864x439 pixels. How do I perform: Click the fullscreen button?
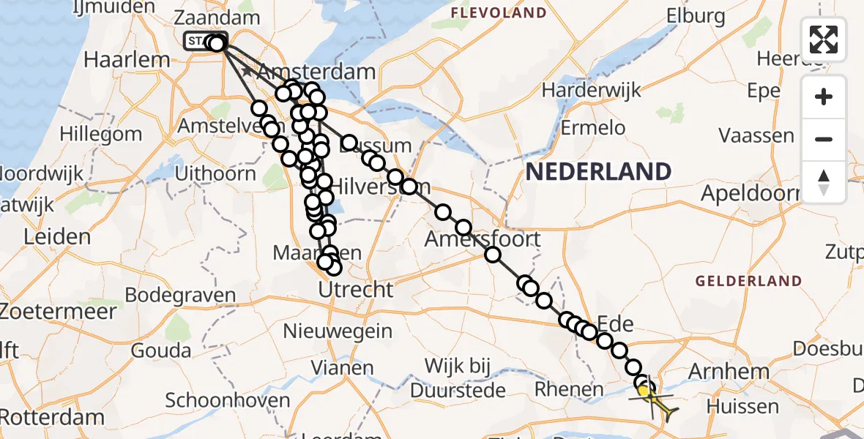coord(824,39)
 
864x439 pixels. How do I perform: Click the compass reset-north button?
coord(824,181)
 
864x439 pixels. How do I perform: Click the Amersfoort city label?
coord(483,239)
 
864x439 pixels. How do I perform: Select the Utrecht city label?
coord(355,289)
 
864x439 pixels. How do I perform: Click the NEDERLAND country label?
coord(598,172)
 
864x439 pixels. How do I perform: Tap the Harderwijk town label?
coord(591,90)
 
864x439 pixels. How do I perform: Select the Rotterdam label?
coord(52,418)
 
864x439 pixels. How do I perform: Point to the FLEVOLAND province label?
coord(499,12)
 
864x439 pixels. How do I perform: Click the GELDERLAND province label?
coord(748,281)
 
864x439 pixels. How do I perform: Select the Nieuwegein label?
coord(338,331)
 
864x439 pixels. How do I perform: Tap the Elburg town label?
coord(696,15)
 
